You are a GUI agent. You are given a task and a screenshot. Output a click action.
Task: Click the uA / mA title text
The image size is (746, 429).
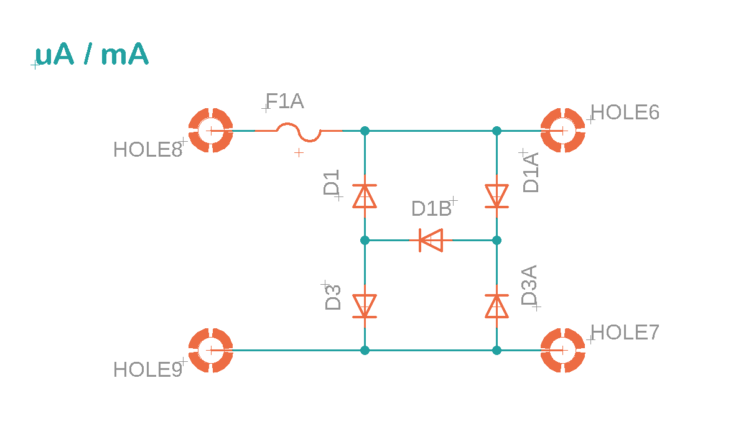[92, 56]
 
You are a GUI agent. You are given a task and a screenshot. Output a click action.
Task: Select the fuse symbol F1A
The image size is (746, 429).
[299, 131]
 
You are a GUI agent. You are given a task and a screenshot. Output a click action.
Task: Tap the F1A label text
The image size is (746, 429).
[285, 101]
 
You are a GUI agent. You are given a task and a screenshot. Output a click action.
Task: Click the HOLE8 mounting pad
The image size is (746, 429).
[210, 131]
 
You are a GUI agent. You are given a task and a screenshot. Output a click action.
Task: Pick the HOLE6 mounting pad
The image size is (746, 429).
[562, 131]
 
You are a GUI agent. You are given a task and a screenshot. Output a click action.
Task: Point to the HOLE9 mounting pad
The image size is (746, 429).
[210, 351]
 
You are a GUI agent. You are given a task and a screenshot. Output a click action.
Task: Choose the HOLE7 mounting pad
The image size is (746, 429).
[562, 351]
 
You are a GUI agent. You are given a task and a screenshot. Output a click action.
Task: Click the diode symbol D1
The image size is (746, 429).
[365, 196]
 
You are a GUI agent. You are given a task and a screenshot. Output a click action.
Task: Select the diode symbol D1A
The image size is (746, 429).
[497, 196]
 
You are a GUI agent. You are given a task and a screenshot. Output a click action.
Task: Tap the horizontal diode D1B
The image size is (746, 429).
[431, 240]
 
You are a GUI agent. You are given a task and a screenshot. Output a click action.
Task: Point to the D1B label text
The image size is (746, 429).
[431, 209]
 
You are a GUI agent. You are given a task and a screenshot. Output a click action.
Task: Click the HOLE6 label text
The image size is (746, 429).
[625, 113]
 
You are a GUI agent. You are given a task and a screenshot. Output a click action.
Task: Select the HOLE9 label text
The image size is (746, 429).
[147, 370]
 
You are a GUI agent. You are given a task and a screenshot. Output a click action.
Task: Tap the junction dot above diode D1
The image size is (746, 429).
[365, 131]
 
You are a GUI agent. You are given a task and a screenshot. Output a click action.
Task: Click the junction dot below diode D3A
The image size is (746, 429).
[497, 351]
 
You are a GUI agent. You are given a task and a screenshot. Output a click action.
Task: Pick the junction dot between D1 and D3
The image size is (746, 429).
[365, 240]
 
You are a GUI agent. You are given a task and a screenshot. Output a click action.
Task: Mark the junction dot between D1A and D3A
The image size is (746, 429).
[497, 240]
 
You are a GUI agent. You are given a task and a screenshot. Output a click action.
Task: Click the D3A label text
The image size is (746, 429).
[529, 285]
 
